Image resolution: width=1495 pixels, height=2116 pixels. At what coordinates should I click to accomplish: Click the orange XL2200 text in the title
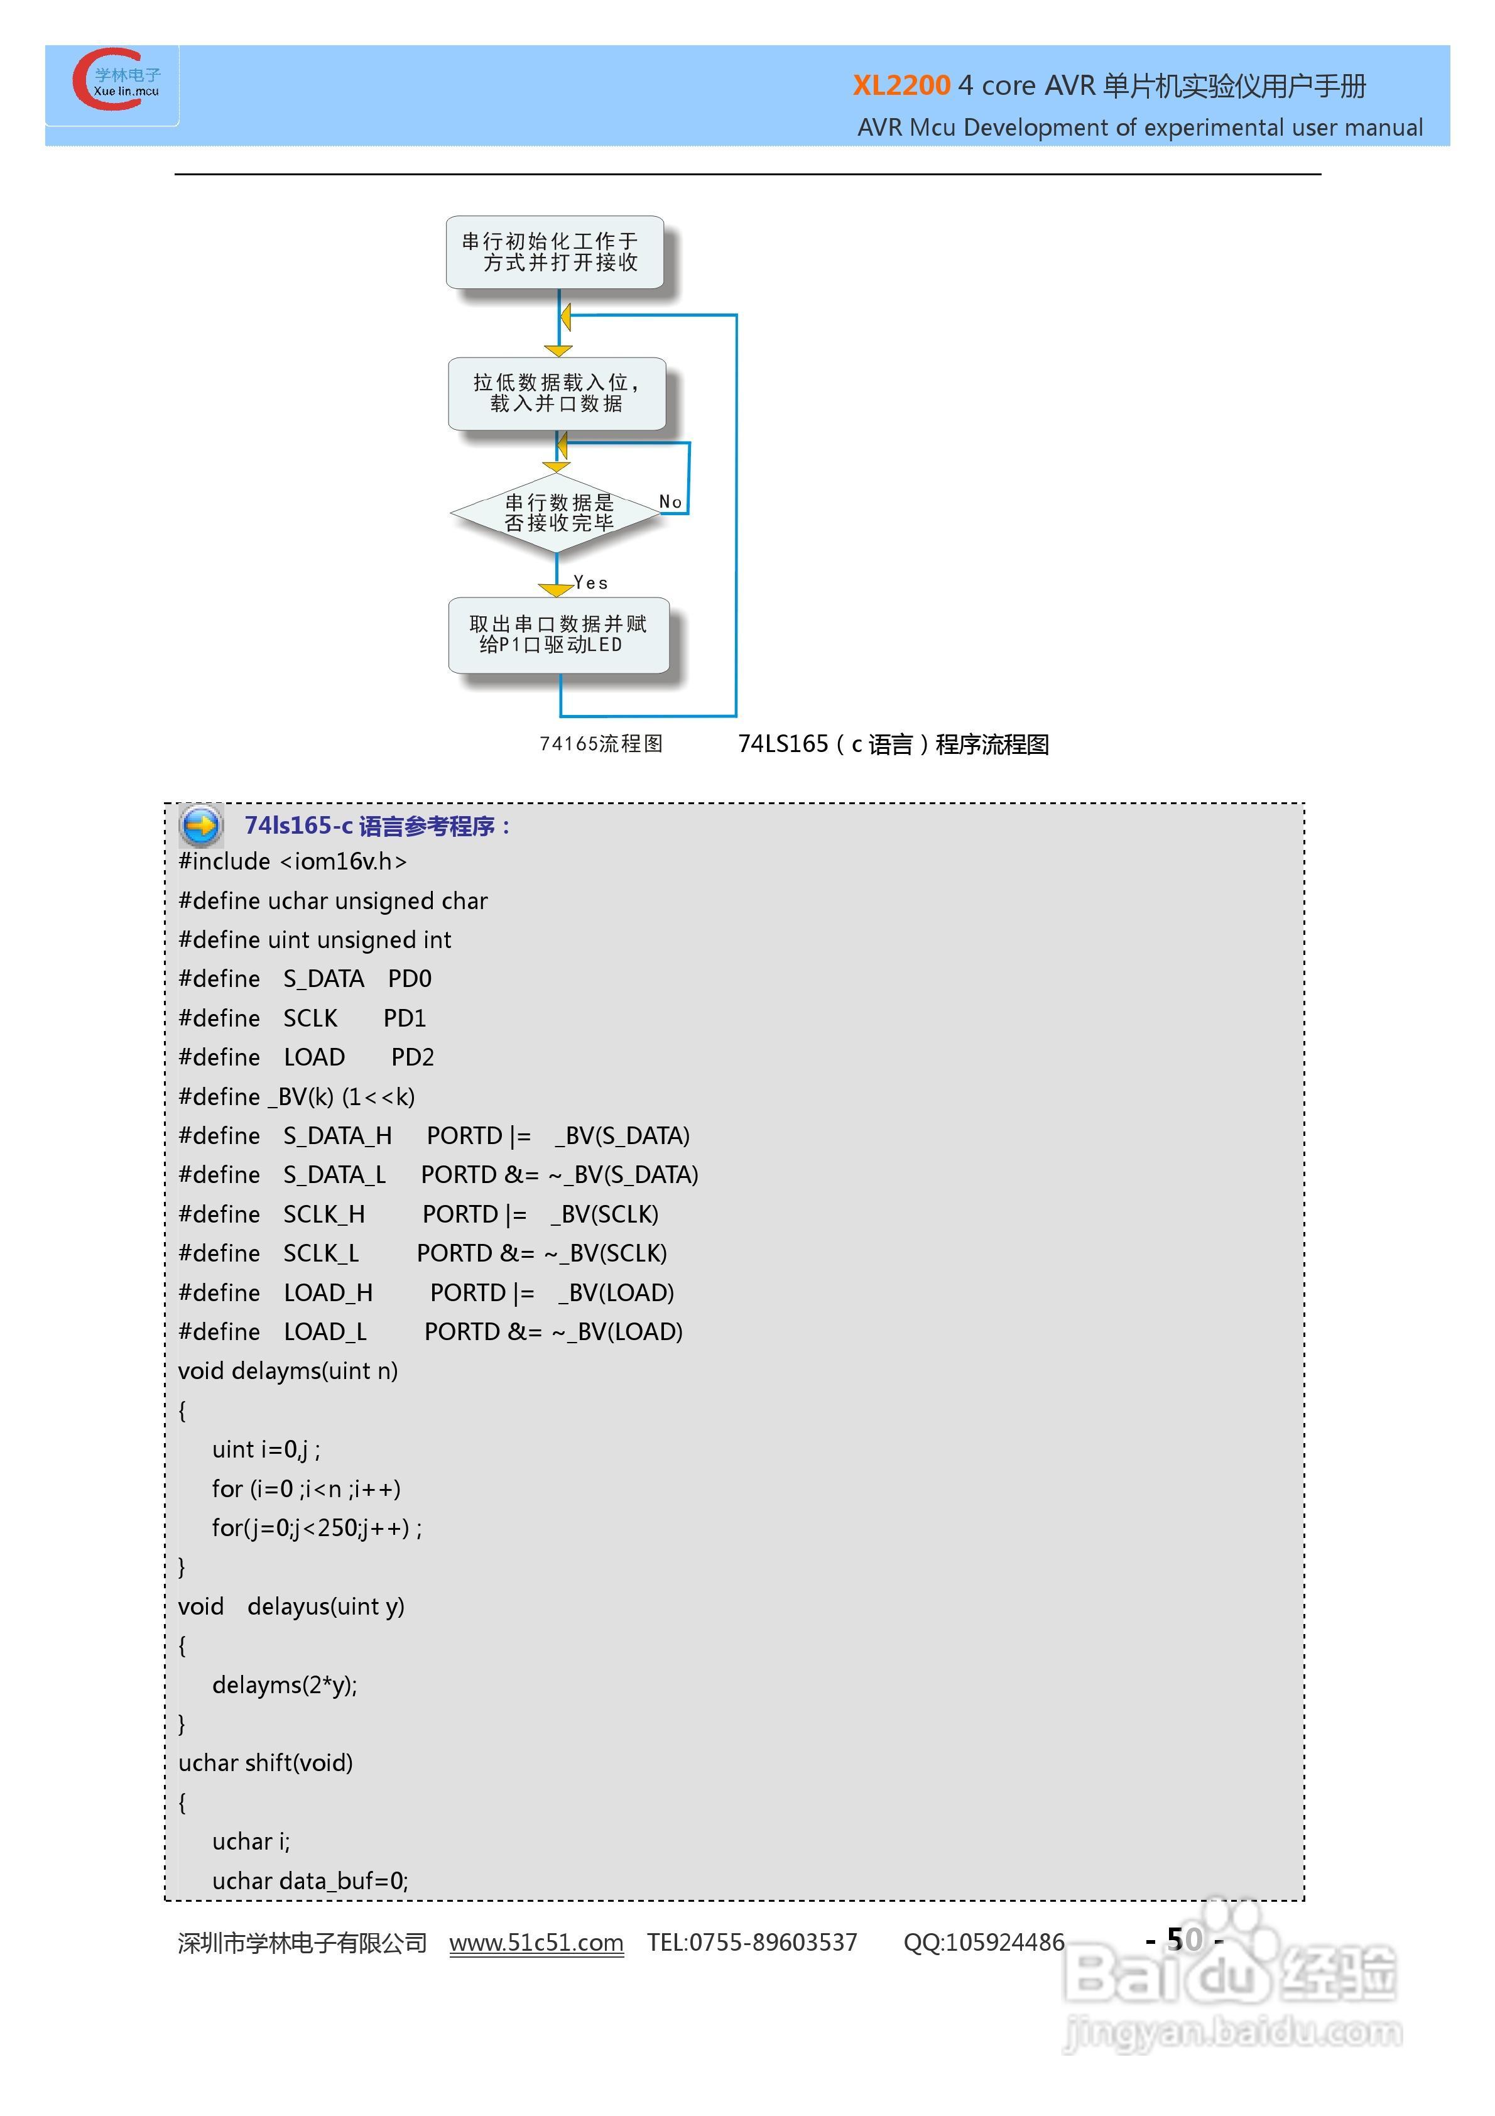coord(901,85)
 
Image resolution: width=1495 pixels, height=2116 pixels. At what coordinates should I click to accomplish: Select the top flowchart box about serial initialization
coord(554,251)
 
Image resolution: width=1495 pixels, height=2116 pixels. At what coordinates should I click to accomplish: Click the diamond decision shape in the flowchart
coord(556,513)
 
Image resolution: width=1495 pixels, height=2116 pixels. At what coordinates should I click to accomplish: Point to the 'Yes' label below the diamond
coord(590,582)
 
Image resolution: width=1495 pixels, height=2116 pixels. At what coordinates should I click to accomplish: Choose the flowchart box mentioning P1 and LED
coord(558,635)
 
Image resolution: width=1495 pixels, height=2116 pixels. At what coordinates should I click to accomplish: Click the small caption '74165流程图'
coord(601,744)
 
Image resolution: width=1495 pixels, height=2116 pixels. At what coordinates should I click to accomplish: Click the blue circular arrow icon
coord(201,825)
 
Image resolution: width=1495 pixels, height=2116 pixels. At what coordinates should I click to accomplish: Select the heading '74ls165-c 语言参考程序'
coord(376,826)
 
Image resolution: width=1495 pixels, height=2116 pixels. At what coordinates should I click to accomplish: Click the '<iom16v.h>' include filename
coord(343,862)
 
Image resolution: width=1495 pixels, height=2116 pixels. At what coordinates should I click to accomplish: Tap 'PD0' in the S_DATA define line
coord(409,979)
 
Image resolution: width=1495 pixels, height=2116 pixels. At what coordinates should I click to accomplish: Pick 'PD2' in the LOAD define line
coord(412,1057)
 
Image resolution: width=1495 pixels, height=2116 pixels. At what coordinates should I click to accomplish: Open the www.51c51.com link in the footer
coord(536,1943)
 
